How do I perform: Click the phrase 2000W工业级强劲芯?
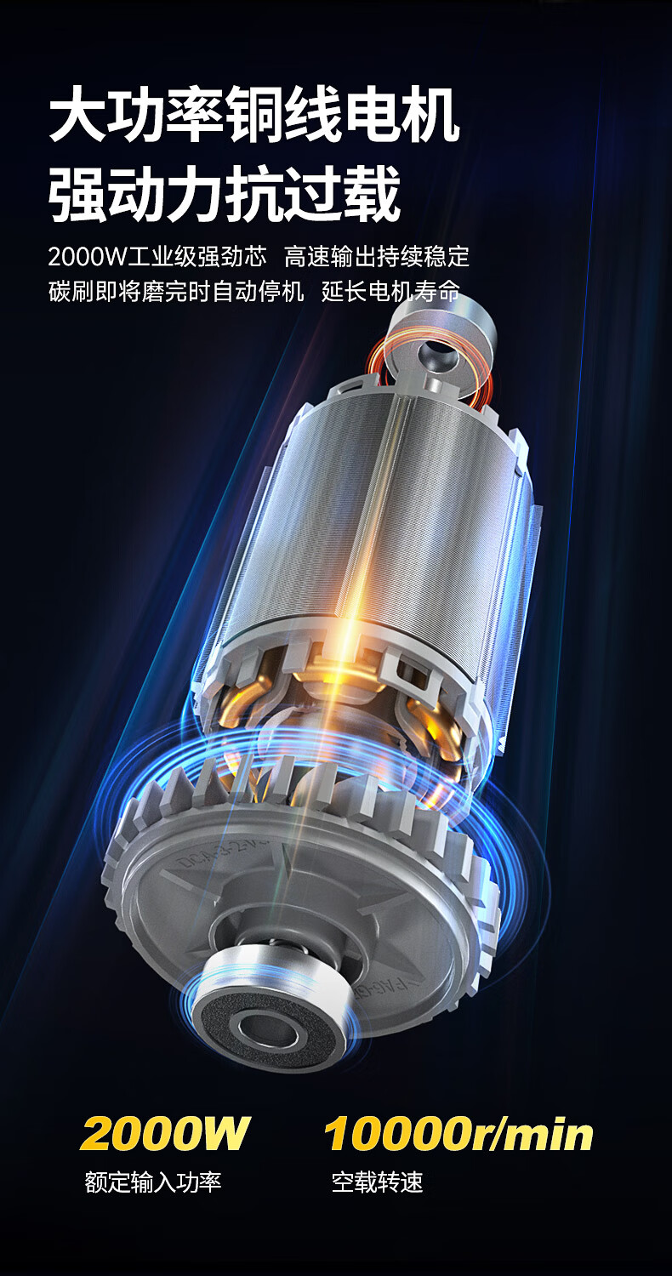(157, 257)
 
